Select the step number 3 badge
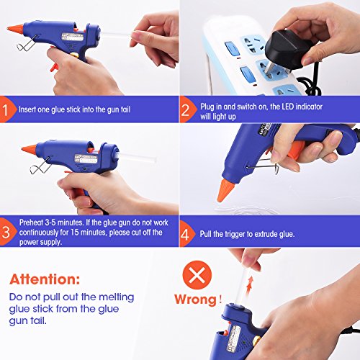pyautogui.click(x=6, y=232)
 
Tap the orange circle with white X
pyautogui.click(x=197, y=275)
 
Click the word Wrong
pyautogui.click(x=195, y=300)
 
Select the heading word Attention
pyautogui.click(x=45, y=279)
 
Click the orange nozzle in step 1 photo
pyautogui.click(x=15, y=29)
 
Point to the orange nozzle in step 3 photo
pyautogui.click(x=30, y=149)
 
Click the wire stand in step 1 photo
pyautogui.click(x=27, y=43)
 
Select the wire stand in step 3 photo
pyautogui.click(x=40, y=166)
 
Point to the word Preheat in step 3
pyautogui.click(x=32, y=222)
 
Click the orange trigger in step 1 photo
pyautogui.click(x=54, y=68)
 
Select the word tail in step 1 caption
pyautogui.click(x=125, y=109)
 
